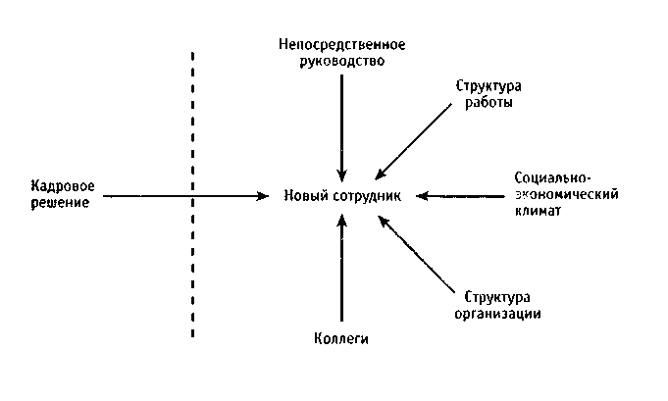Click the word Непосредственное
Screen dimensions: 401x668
pyautogui.click(x=341, y=44)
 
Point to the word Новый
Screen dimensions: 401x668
pyautogui.click(x=304, y=196)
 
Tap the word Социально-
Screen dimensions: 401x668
pyautogui.click(x=551, y=179)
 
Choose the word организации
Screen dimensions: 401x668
pyautogui.click(x=497, y=314)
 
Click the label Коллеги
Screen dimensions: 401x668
pyautogui.click(x=342, y=339)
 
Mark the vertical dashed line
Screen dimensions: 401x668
pyautogui.click(x=192, y=196)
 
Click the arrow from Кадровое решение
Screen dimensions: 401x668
pyautogui.click(x=186, y=196)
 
